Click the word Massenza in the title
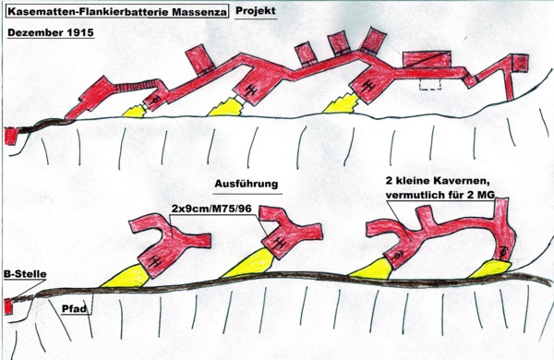coord(199,12)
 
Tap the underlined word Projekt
coord(256,10)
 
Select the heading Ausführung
coord(247,184)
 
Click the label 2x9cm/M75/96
coord(211,209)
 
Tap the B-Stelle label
coord(25,274)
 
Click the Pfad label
coord(74,309)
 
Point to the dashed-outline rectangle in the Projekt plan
coord(430,84)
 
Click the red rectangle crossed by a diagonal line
coord(428,59)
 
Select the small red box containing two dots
coord(521,64)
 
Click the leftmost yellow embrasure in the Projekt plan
coord(134,112)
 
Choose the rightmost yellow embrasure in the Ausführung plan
coord(489,270)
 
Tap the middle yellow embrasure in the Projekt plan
coord(226,107)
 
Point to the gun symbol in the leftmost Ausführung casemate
coord(154,260)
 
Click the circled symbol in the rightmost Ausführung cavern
coord(504,251)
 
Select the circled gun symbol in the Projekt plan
coord(154,101)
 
